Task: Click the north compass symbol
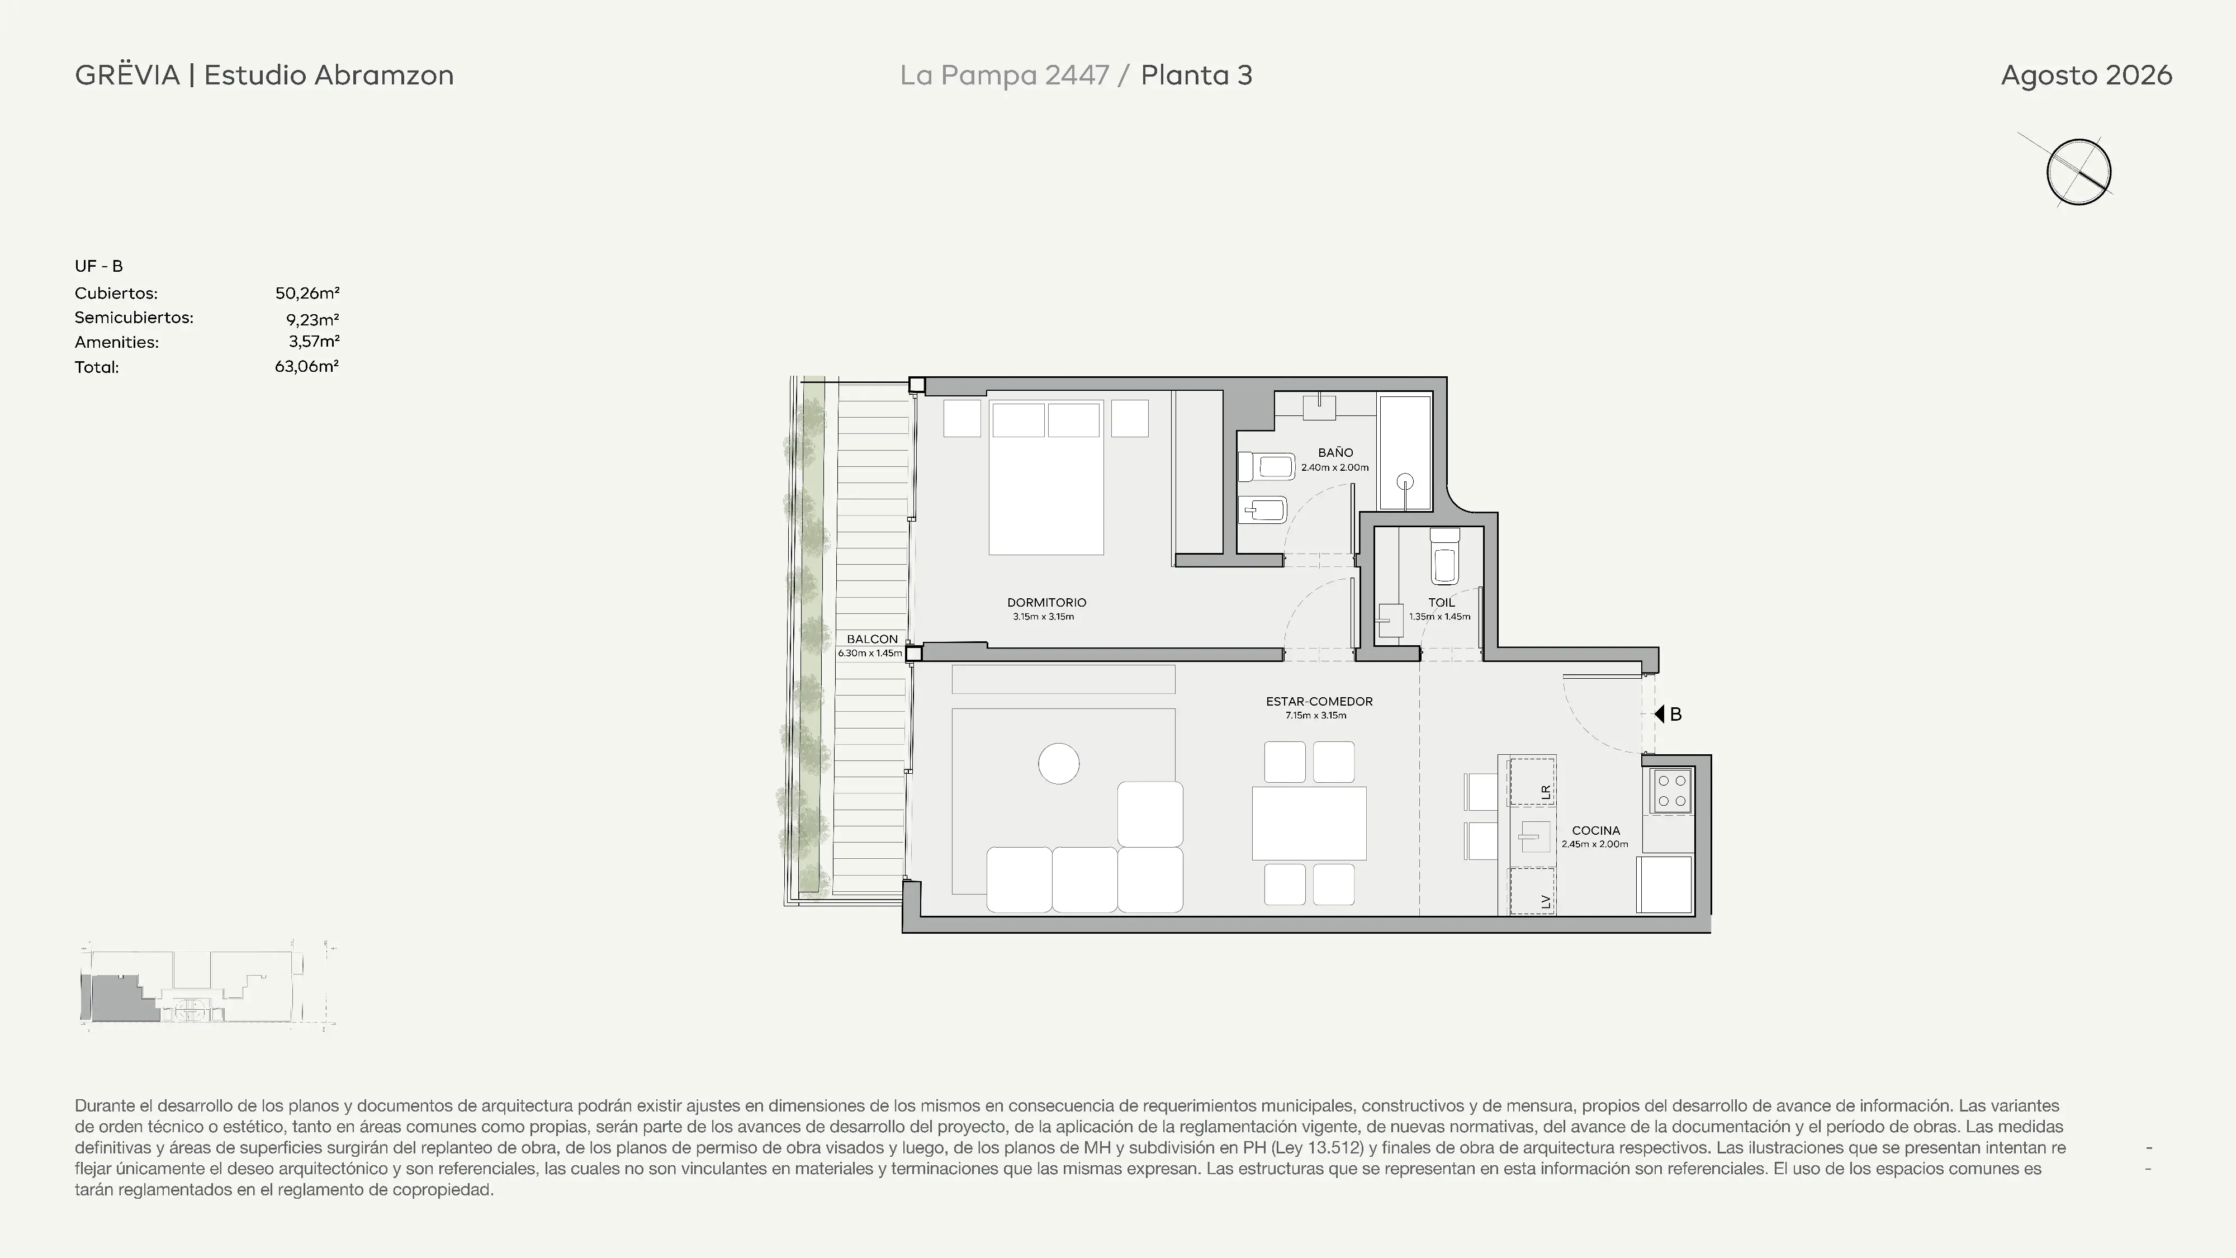tap(2078, 171)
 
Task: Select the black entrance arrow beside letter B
tap(1659, 713)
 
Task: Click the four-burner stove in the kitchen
tap(1672, 790)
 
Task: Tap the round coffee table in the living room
tap(1058, 764)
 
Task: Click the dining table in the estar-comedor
tap(1309, 823)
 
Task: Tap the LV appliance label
tap(1545, 902)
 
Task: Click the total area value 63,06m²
tap(306, 366)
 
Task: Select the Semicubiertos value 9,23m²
tap(312, 319)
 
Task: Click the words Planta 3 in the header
tap(1196, 75)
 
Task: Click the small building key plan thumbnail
tap(207, 986)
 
